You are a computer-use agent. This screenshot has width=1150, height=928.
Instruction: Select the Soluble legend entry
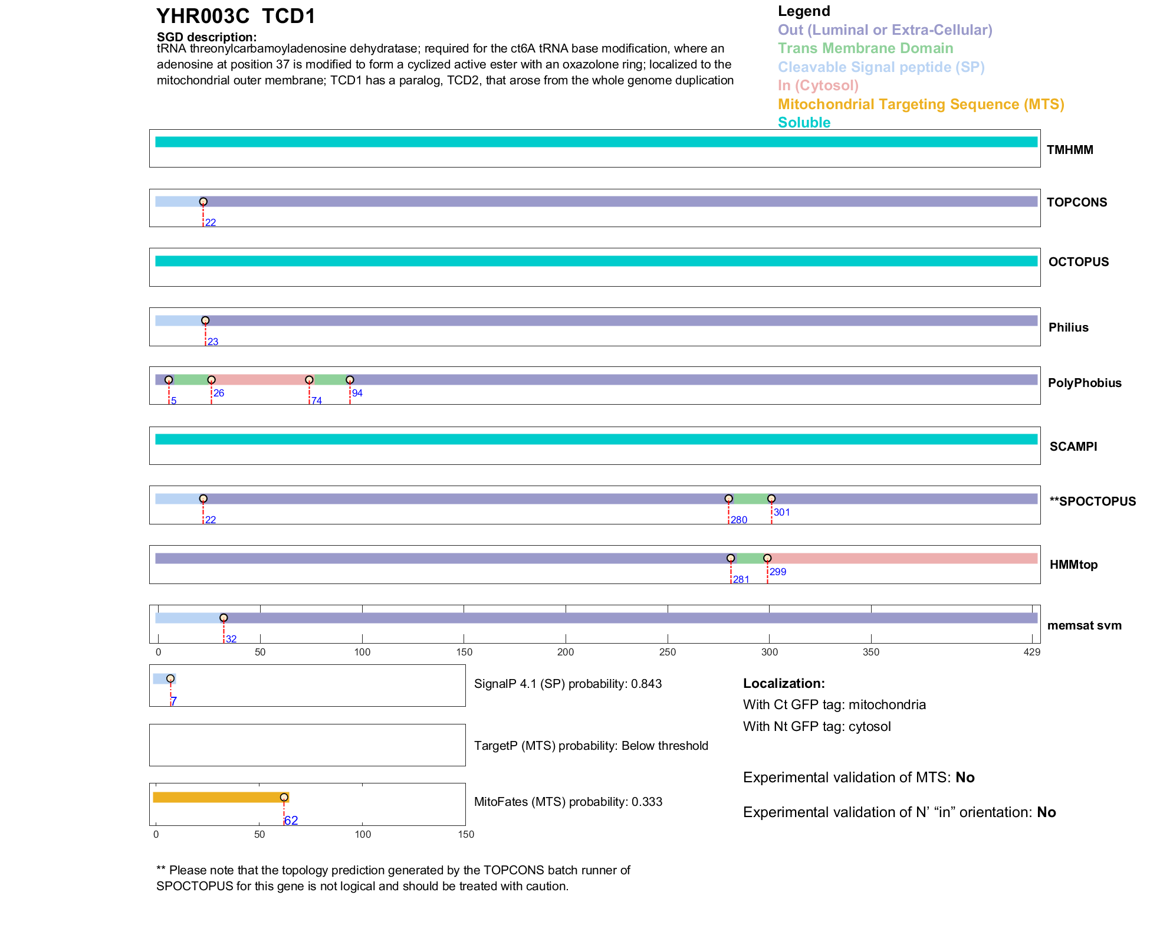(x=804, y=123)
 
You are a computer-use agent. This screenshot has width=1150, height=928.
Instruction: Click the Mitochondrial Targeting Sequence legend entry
(x=921, y=104)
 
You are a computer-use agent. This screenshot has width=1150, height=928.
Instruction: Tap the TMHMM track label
(x=1070, y=150)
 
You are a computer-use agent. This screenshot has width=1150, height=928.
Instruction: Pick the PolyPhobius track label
(x=1085, y=383)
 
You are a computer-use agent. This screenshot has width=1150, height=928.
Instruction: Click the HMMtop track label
(x=1073, y=565)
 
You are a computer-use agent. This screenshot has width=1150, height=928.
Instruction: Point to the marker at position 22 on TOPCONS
(x=203, y=202)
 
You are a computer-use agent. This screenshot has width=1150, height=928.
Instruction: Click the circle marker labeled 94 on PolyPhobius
(x=350, y=380)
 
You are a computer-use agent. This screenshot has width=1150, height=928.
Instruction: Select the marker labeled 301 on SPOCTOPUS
(x=771, y=499)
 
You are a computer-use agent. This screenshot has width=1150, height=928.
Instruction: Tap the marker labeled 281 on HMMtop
(x=731, y=558)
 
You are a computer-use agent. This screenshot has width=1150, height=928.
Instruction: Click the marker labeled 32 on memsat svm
(x=224, y=618)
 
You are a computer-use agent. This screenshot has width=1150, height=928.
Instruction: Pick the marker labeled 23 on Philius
(x=205, y=321)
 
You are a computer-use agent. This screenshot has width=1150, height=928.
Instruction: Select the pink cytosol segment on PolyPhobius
(x=259, y=380)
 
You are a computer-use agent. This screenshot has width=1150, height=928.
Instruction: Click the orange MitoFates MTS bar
(x=218, y=798)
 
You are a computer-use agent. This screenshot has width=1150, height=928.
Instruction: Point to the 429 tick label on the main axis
(x=1032, y=652)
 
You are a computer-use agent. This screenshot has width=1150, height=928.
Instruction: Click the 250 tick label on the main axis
(x=668, y=652)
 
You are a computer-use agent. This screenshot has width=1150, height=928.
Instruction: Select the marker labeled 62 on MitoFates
(x=284, y=798)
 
